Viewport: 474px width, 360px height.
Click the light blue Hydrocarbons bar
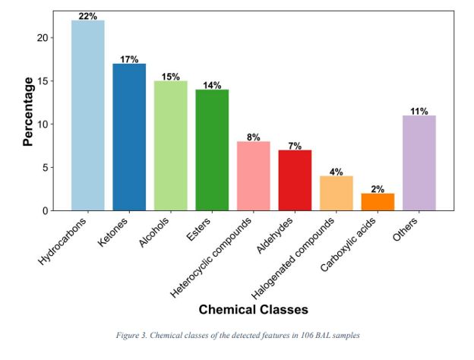coord(87,115)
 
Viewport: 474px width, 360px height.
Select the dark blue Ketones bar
coord(129,137)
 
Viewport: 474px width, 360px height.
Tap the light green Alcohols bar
coord(171,145)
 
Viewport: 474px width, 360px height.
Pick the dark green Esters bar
coord(212,150)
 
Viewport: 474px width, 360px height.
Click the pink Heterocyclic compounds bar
coord(254,175)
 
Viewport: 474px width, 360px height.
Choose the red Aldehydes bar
coord(295,180)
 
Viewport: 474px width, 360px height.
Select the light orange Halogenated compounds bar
coord(337,193)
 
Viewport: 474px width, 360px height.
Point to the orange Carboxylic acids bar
coord(378,201)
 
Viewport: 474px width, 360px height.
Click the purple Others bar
coord(419,163)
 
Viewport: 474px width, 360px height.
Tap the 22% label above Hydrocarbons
coord(87,16)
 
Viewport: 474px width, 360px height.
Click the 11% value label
coord(419,111)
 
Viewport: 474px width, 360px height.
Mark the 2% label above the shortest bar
coord(378,188)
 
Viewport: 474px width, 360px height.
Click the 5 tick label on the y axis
coord(49,167)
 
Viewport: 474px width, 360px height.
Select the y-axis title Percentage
coord(28,111)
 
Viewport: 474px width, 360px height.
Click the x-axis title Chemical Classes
coord(253,310)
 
